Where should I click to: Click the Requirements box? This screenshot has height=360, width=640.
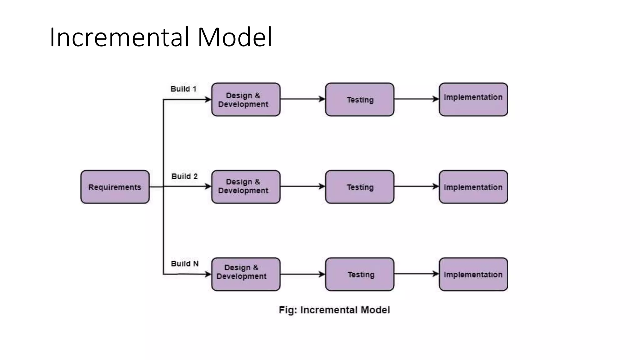(115, 187)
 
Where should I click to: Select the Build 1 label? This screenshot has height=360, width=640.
(183, 89)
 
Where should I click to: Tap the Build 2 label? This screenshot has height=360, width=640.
(184, 177)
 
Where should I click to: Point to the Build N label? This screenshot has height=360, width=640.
(185, 264)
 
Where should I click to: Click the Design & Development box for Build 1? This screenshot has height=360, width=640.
(246, 100)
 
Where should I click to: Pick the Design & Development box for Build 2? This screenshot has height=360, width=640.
(246, 187)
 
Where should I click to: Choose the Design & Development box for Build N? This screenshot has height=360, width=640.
(246, 274)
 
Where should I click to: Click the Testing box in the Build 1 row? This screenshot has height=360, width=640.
(360, 100)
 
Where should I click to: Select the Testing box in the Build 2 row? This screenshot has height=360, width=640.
(360, 187)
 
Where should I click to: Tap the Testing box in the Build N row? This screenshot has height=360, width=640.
(360, 274)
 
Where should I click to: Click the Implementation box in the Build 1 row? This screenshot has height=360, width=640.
(473, 100)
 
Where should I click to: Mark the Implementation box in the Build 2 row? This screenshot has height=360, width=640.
(473, 187)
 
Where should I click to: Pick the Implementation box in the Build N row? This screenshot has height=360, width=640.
(473, 274)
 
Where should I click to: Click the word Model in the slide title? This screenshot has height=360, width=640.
(235, 37)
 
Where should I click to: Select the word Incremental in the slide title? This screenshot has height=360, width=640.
(119, 37)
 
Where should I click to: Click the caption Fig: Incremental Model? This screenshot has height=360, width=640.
(334, 310)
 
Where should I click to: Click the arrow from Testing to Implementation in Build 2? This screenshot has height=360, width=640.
(416, 187)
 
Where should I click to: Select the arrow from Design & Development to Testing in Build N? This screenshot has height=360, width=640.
(302, 274)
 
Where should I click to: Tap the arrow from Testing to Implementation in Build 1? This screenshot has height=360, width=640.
(416, 99)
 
